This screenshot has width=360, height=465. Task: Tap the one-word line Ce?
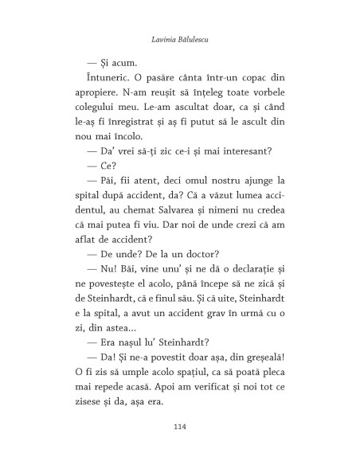tap(124, 166)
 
